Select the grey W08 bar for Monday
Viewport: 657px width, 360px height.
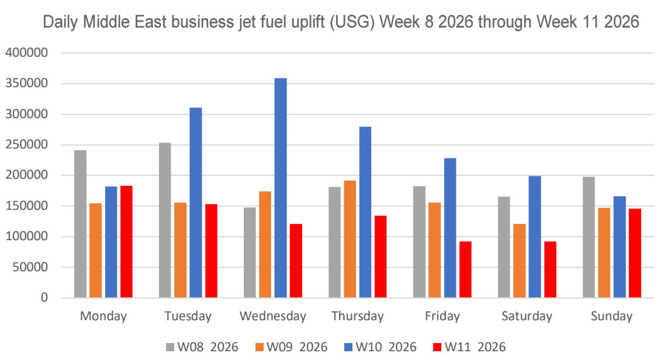click(80, 224)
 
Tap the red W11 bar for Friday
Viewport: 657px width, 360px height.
click(465, 269)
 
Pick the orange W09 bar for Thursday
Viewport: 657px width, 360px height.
click(350, 240)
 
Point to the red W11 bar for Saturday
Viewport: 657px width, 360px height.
click(550, 269)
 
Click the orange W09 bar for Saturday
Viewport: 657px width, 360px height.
click(519, 261)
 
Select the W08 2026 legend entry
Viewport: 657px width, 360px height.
click(202, 347)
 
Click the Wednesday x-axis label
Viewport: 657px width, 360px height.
click(272, 316)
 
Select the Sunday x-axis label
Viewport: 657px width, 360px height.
click(611, 316)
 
